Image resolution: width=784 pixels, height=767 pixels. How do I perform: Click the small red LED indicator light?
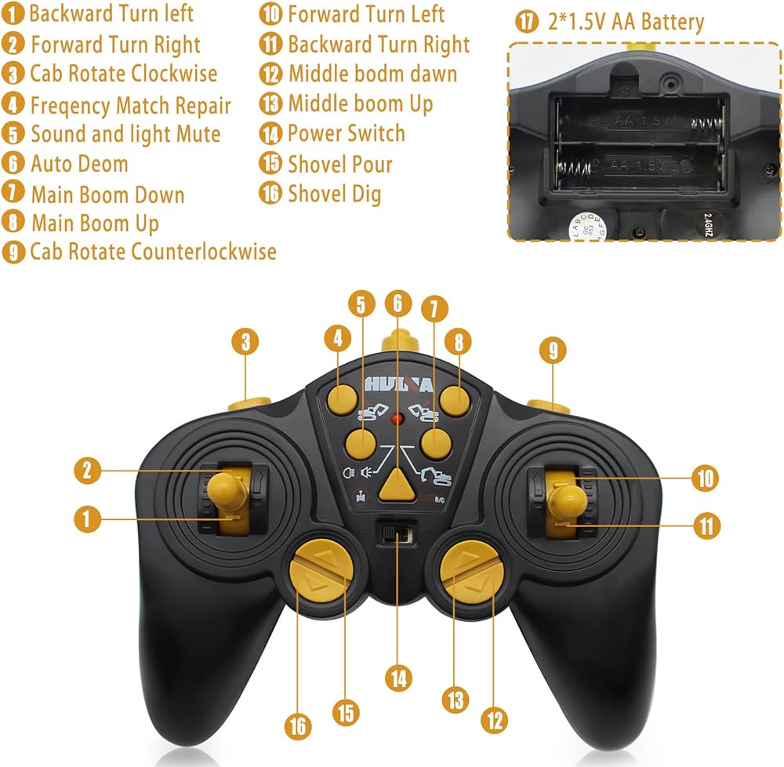(x=398, y=418)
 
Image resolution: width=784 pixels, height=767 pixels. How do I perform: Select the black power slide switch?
(x=397, y=535)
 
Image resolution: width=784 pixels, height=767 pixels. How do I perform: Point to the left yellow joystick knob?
(x=229, y=489)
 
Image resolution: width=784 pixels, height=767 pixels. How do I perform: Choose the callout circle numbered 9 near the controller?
(x=553, y=351)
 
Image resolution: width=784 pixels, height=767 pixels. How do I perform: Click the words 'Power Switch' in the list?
(x=346, y=133)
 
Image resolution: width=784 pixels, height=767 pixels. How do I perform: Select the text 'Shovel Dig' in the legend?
(x=334, y=193)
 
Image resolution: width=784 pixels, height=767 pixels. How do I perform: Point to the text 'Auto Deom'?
(x=78, y=164)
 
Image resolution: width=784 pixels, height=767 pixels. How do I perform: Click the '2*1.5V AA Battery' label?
(x=625, y=22)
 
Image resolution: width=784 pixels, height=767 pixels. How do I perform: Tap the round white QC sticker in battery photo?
(x=581, y=225)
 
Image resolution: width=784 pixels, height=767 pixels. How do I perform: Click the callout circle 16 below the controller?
(x=298, y=727)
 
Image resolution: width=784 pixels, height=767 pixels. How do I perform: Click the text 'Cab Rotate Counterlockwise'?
(x=153, y=252)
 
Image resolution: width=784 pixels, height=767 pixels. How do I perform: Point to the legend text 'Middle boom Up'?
(x=360, y=104)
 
